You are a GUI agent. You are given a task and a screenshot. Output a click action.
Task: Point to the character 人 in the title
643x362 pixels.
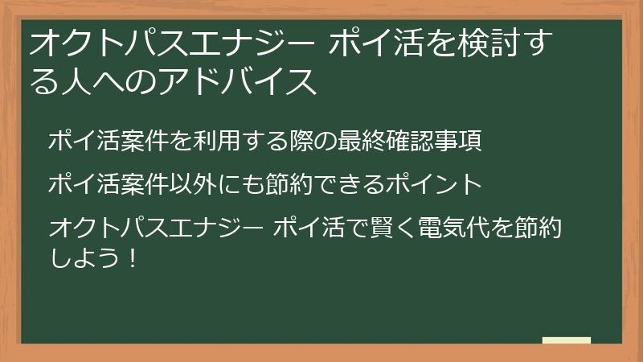pos(75,81)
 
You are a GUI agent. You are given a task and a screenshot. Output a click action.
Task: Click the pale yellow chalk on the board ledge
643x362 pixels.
pos(567,340)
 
